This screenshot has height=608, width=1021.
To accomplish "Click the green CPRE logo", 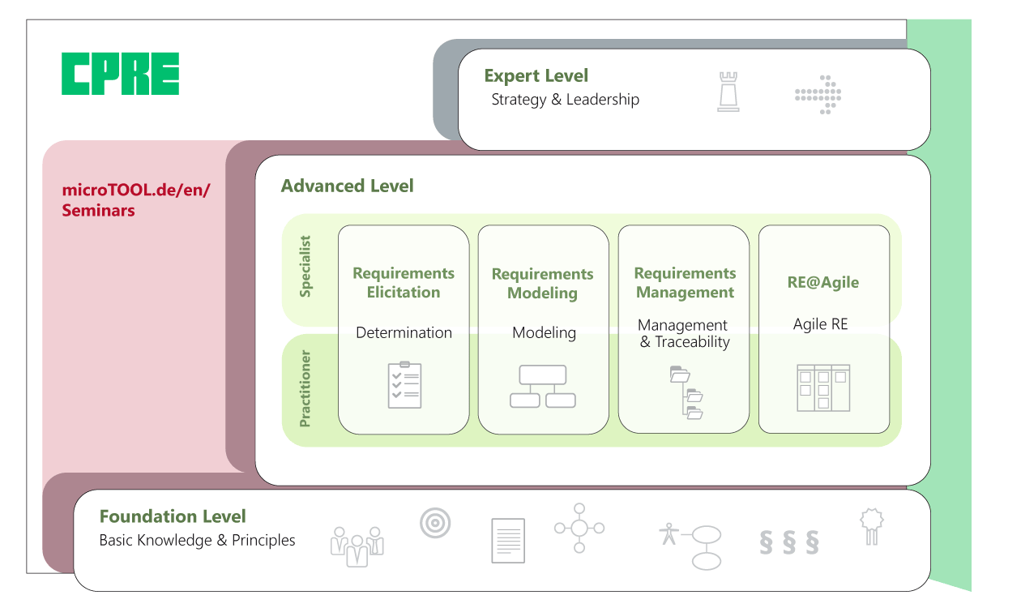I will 120,74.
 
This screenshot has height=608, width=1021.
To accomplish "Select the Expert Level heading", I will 536,76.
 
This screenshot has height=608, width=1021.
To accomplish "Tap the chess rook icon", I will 728,92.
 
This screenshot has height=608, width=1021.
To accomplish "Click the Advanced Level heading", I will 347,186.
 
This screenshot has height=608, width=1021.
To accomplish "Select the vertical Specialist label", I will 305,267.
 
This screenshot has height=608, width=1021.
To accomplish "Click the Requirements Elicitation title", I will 404,283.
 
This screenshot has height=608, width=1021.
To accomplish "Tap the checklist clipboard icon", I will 404,384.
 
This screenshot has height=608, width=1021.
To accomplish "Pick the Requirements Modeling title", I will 542,284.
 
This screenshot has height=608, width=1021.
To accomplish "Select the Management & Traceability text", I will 684,333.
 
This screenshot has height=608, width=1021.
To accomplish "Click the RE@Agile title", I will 822,282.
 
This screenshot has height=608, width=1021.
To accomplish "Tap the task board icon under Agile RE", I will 823,387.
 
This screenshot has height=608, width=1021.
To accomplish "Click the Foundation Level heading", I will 173,516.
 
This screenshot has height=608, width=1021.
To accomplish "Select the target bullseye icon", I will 435,523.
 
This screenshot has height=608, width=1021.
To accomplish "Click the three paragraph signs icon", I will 788,542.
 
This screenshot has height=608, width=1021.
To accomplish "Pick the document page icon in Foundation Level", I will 508,540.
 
